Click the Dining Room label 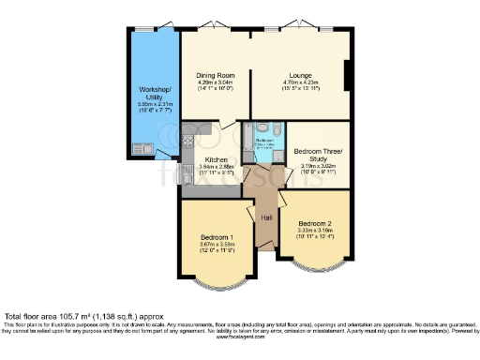216,74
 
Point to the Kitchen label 217,160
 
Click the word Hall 267,217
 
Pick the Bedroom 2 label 315,223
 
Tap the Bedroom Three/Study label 319,156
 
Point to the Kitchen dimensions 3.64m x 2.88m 217,168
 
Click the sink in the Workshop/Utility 145,147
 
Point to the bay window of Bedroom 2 315,265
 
